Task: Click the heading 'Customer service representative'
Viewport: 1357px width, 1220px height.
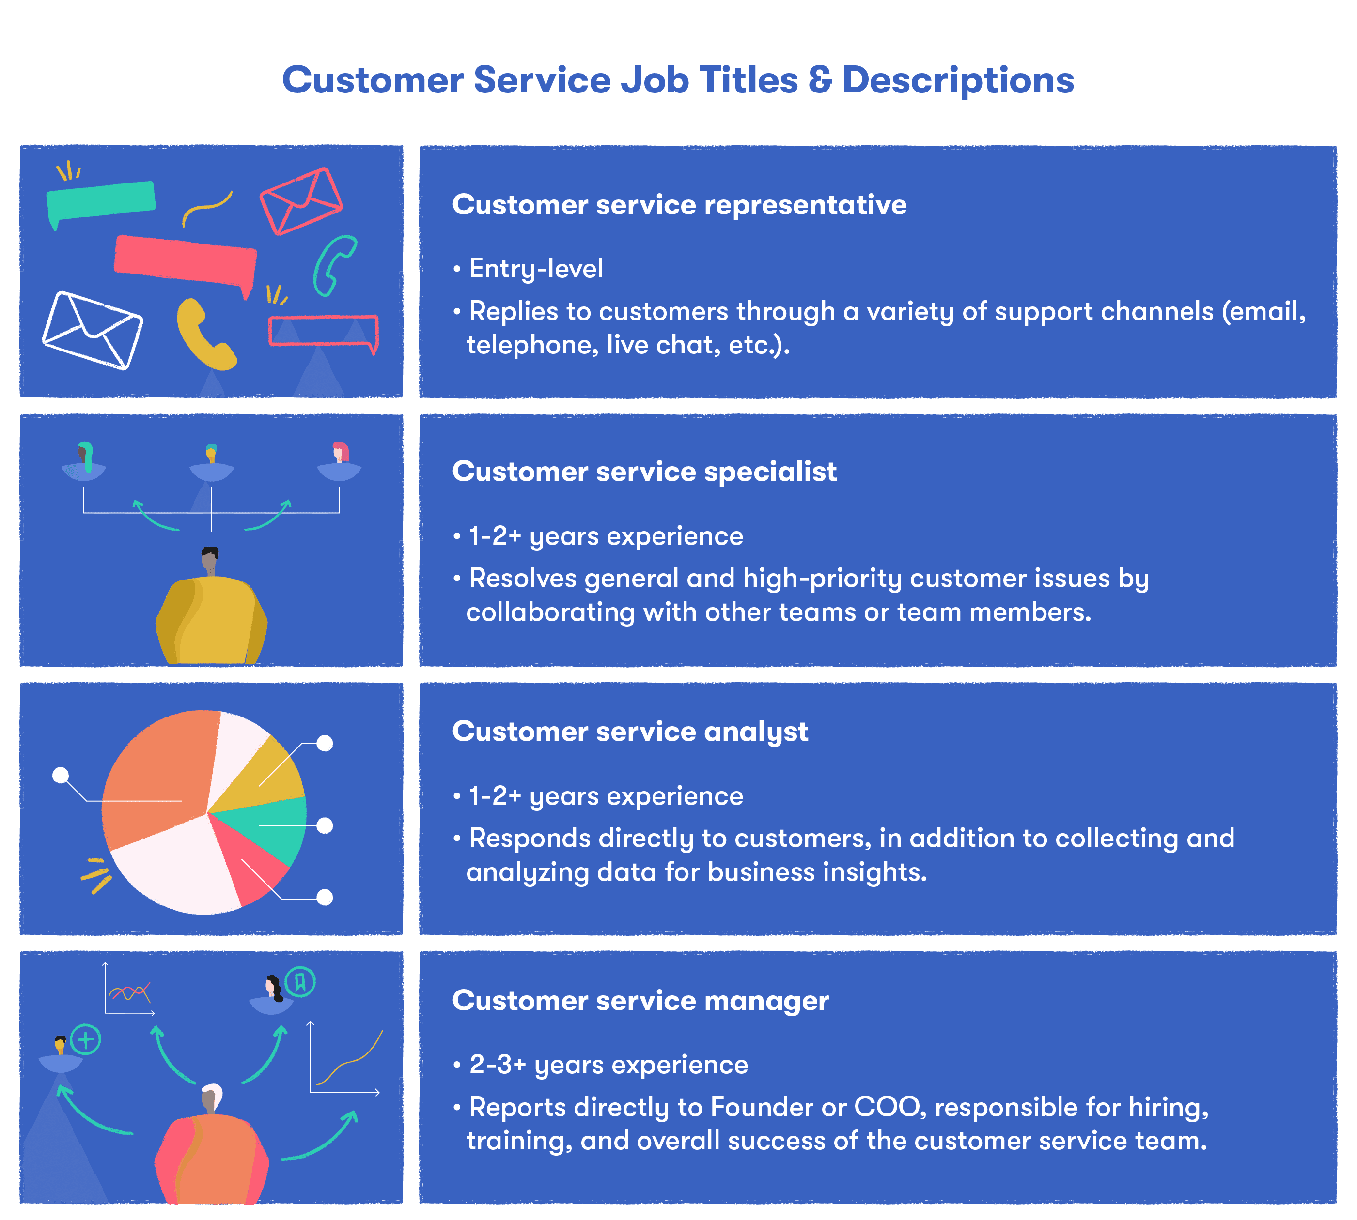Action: (x=679, y=204)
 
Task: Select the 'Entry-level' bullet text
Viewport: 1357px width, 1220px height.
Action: (x=535, y=269)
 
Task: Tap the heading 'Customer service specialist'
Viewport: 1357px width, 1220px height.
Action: (x=644, y=471)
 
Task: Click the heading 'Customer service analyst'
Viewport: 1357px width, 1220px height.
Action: (x=630, y=732)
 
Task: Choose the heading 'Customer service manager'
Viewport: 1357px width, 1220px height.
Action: (x=640, y=1000)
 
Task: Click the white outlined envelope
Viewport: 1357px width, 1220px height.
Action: (x=93, y=330)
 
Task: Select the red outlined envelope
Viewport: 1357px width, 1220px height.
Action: (x=301, y=200)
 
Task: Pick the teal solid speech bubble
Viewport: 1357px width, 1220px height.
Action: (x=101, y=200)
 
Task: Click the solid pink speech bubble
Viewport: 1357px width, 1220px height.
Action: (x=185, y=261)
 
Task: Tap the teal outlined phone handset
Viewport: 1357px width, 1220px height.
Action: (x=333, y=265)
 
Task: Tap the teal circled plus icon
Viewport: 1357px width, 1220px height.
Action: (x=85, y=1040)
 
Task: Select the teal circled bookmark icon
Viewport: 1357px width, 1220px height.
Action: (x=300, y=982)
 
